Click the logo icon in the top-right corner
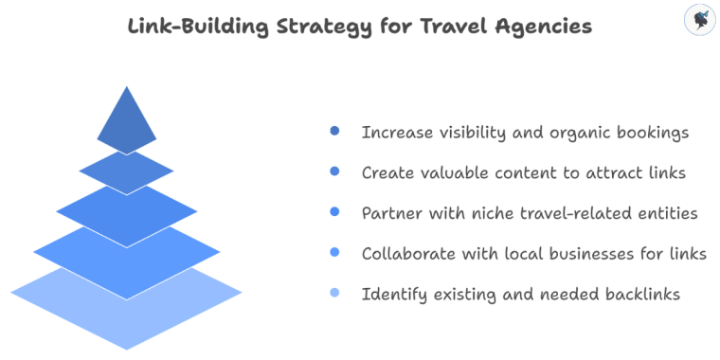(x=699, y=20)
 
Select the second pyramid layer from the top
(x=126, y=171)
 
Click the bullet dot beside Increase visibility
(x=334, y=133)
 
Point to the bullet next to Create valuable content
(x=334, y=172)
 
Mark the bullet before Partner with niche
(x=334, y=213)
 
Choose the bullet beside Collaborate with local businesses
(x=334, y=253)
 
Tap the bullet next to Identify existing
(x=334, y=294)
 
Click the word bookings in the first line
(x=651, y=133)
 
